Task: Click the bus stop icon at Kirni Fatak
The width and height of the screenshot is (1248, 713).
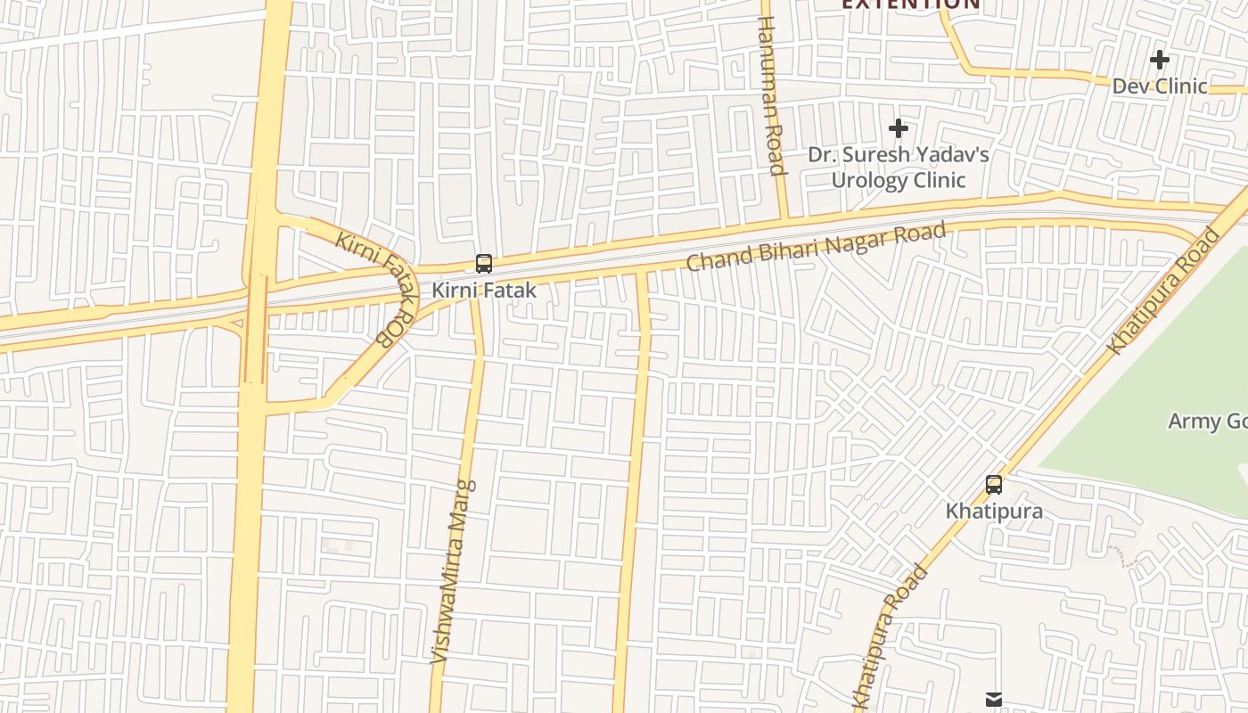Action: pyautogui.click(x=484, y=264)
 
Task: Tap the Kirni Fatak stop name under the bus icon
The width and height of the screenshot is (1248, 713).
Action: pyautogui.click(x=484, y=291)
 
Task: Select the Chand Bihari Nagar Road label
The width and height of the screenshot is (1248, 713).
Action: pyautogui.click(x=816, y=247)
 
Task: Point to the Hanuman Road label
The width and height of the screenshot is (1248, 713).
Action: pyautogui.click(x=770, y=95)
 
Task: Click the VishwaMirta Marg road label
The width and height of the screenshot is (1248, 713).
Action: pyautogui.click(x=453, y=571)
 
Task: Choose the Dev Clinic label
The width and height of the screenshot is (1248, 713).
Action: pyautogui.click(x=1160, y=86)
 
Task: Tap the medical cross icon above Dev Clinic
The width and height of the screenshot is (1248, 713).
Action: pyautogui.click(x=1160, y=60)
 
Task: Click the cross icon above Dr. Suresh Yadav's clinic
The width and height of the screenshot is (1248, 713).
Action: pyautogui.click(x=899, y=129)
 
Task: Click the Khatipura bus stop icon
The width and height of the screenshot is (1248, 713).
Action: pyautogui.click(x=994, y=485)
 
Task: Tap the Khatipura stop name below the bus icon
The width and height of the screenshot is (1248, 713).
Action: pyautogui.click(x=994, y=512)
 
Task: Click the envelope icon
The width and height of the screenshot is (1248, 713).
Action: pyautogui.click(x=994, y=700)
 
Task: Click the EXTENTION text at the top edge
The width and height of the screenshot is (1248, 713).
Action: pyautogui.click(x=911, y=4)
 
